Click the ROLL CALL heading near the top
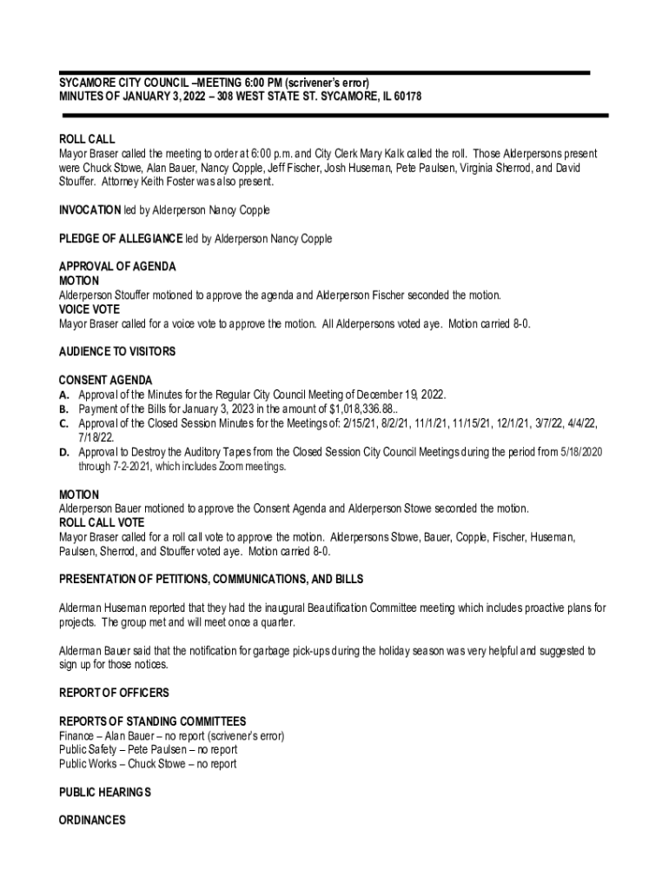tap(86, 139)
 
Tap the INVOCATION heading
tap(89, 210)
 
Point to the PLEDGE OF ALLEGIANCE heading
tap(120, 239)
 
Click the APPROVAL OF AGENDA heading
tap(117, 267)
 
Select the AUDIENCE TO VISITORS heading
tap(117, 352)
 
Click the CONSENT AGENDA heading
tap(105, 381)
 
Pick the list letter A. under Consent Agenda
tap(64, 395)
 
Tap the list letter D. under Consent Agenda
tap(64, 452)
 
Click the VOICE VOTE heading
tap(89, 309)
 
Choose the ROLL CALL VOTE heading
tap(102, 523)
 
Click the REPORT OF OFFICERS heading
tap(114, 693)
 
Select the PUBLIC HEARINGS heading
tap(104, 793)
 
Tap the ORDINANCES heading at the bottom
tap(92, 820)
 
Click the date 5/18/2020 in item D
tap(581, 452)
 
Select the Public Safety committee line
tap(148, 750)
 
